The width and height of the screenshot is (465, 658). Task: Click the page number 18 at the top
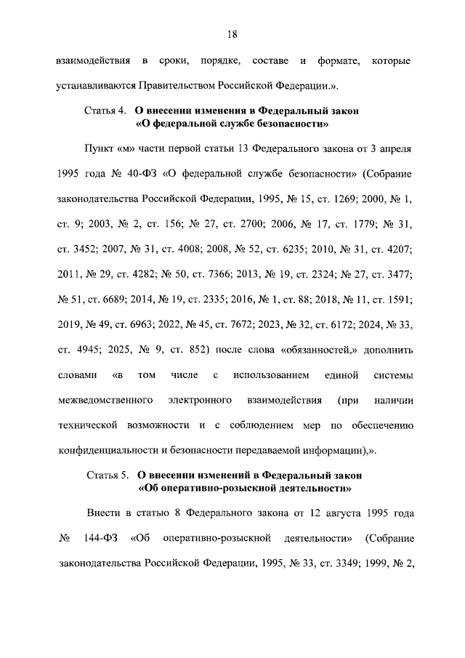(x=232, y=33)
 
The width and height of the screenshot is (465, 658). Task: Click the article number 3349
(x=337, y=563)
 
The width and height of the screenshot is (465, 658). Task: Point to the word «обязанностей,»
(x=310, y=350)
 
